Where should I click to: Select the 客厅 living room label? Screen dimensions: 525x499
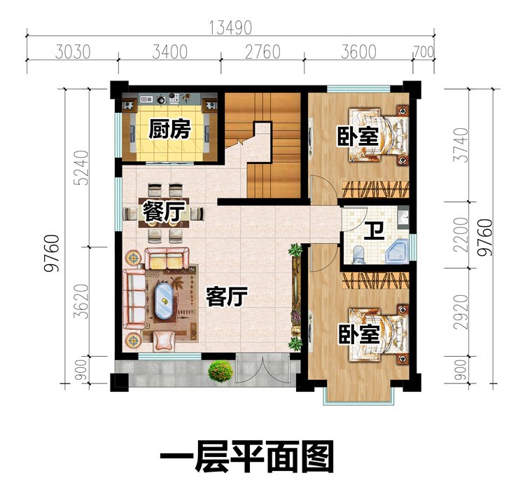click(x=227, y=297)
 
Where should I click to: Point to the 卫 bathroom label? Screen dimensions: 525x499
click(x=374, y=231)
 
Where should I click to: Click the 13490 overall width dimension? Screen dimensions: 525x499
click(x=230, y=28)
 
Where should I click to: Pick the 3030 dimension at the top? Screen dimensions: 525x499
click(x=73, y=53)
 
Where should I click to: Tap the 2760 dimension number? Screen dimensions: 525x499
click(x=262, y=53)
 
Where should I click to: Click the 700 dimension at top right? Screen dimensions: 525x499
click(x=424, y=53)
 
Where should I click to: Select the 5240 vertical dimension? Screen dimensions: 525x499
click(x=83, y=168)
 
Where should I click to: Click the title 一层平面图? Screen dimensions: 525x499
click(x=247, y=457)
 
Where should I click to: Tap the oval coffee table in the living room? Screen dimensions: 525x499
click(x=164, y=301)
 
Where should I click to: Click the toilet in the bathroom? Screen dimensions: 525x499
click(x=358, y=254)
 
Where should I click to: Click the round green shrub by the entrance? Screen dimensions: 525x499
click(x=220, y=371)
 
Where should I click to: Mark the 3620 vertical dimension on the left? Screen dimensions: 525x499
click(x=83, y=301)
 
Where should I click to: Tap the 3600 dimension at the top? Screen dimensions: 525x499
click(x=358, y=53)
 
